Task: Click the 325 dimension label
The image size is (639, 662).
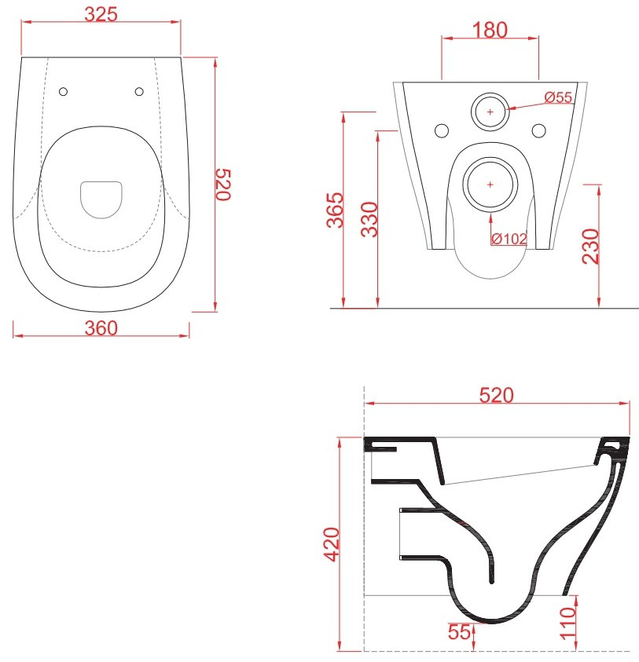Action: (101, 14)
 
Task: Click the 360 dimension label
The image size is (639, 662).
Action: (101, 328)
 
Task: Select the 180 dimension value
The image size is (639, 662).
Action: (490, 31)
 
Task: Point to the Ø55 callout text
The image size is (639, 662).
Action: (558, 97)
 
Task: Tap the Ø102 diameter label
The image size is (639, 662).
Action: (509, 239)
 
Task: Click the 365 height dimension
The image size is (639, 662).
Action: (335, 210)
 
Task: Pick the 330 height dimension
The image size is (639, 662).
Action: (369, 220)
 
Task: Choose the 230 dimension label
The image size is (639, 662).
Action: (590, 247)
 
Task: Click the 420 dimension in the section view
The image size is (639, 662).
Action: (332, 545)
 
